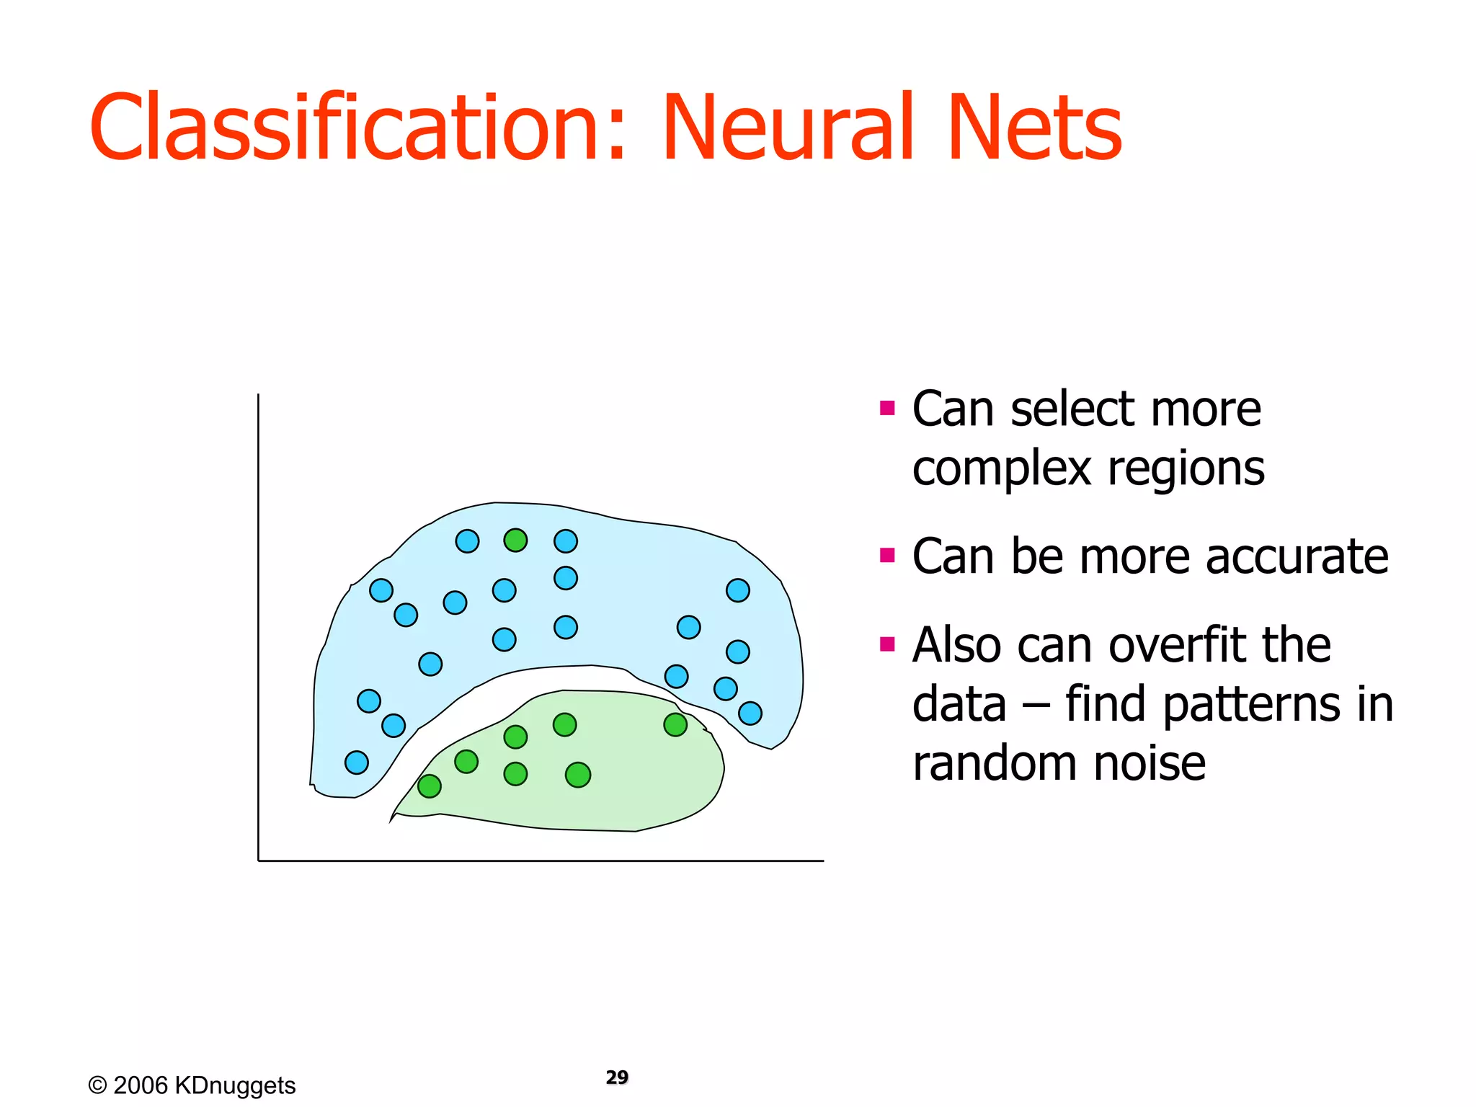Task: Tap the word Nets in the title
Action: [x=1034, y=128]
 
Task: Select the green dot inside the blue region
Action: [x=515, y=540]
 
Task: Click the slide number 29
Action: [x=617, y=1077]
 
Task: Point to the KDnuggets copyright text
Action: [x=192, y=1085]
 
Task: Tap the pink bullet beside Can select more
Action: [x=887, y=409]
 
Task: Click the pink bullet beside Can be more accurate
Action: [x=887, y=556]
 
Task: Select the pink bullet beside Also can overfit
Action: [x=887, y=644]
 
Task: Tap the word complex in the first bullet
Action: [x=1001, y=469]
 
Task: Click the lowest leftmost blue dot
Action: [x=356, y=762]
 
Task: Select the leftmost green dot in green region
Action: [x=430, y=786]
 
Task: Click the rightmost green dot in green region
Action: [x=675, y=724]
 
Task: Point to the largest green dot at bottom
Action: [x=578, y=775]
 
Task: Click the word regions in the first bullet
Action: [x=1186, y=469]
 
